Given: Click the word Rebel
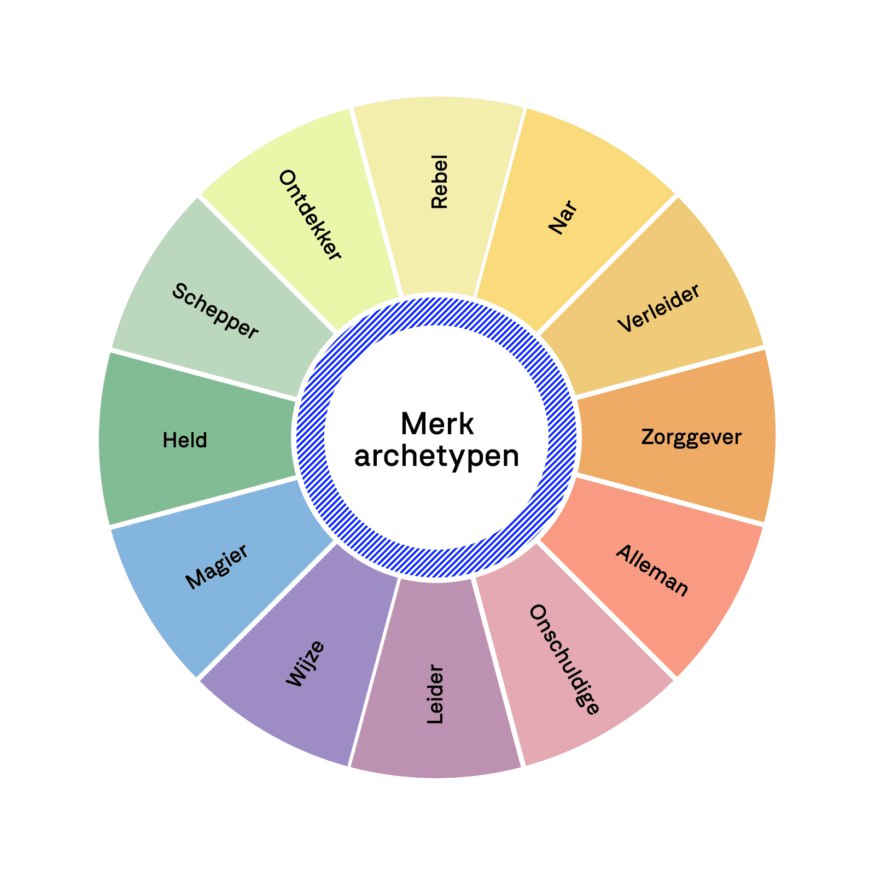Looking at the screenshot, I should pos(439,182).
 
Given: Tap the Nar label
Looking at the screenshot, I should pos(563,218).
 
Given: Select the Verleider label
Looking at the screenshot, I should pos(658,308).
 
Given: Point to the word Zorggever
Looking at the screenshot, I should pos(691,437).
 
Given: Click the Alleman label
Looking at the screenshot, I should pos(652,570).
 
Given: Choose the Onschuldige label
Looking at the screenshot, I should pos(564,660).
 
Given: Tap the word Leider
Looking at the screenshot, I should pos(435,694).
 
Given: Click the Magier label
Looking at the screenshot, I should pos(217,567).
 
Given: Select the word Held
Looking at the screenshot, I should pos(185,440).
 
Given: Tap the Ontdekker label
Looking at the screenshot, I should pos(310,215).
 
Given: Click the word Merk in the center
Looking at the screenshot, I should pos(437,424).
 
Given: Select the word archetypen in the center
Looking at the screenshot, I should pos(437,456).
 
